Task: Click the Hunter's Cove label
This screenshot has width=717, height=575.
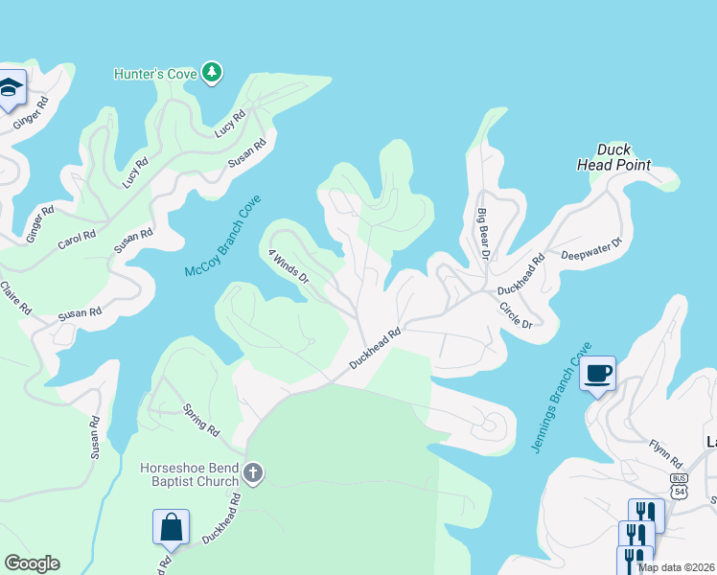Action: tap(154, 74)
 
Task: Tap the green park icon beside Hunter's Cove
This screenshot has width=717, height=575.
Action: tap(212, 73)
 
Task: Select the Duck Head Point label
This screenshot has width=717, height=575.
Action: tap(613, 157)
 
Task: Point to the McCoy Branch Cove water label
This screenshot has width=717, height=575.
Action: tap(223, 238)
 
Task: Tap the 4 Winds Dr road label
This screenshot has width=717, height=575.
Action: tap(289, 267)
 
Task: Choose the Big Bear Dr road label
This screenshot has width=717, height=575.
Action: tap(484, 234)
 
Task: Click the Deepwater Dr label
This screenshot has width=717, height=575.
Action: tap(591, 249)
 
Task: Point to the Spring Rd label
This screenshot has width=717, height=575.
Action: tap(200, 421)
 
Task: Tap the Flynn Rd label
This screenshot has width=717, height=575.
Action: tap(663, 447)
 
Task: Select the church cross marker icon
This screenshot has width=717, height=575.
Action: tap(253, 471)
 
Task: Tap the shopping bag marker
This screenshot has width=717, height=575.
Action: tap(171, 526)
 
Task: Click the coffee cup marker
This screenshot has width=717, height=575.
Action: tap(598, 373)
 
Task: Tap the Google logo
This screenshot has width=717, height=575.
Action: tap(32, 563)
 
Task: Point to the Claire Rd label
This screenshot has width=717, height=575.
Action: tap(16, 297)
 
